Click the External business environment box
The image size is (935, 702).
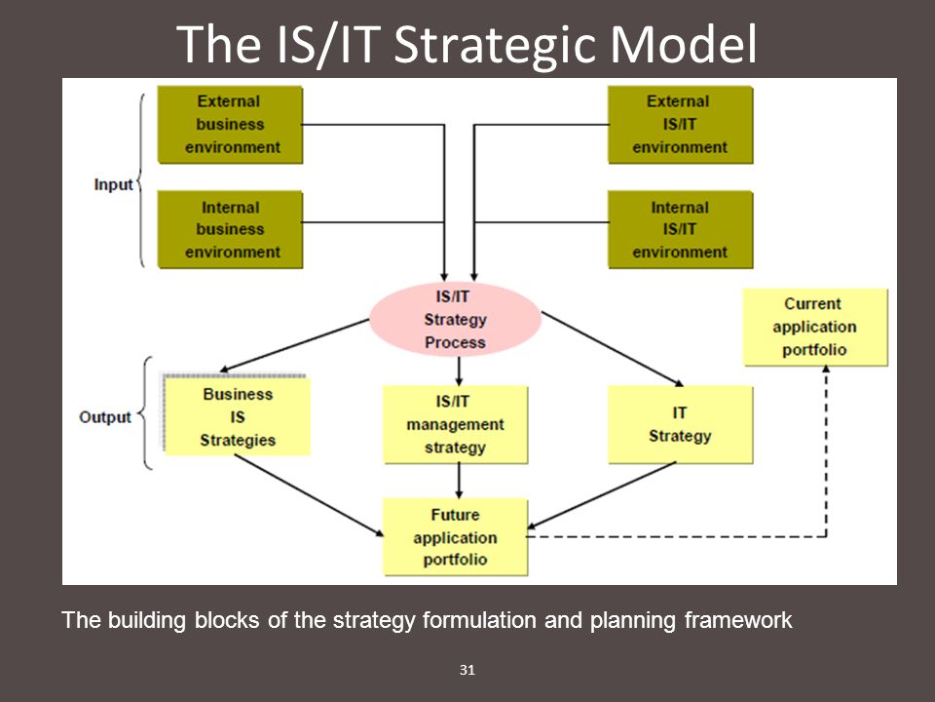pyautogui.click(x=230, y=125)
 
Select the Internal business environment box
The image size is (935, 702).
pyautogui.click(x=230, y=230)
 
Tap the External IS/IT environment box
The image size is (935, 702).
pyautogui.click(x=681, y=125)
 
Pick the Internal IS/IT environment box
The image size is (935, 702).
pyautogui.click(x=681, y=230)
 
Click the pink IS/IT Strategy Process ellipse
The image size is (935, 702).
pyautogui.click(x=455, y=320)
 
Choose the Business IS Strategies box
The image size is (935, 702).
pyautogui.click(x=238, y=416)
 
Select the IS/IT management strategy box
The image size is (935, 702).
pyautogui.click(x=455, y=424)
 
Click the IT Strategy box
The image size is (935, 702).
pyautogui.click(x=681, y=424)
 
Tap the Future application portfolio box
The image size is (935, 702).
pyautogui.click(x=455, y=537)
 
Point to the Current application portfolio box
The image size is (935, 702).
pyautogui.click(x=815, y=328)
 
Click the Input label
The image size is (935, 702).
pyautogui.click(x=113, y=184)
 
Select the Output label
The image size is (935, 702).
pyautogui.click(x=105, y=416)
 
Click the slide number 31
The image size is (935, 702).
pyautogui.click(x=467, y=670)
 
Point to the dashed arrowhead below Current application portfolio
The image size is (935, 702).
pyautogui.click(x=826, y=370)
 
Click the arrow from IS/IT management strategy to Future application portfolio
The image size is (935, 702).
pyautogui.click(x=459, y=481)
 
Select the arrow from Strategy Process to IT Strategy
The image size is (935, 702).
pyautogui.click(x=612, y=349)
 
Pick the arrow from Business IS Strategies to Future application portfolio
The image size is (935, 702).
pyautogui.click(x=309, y=495)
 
